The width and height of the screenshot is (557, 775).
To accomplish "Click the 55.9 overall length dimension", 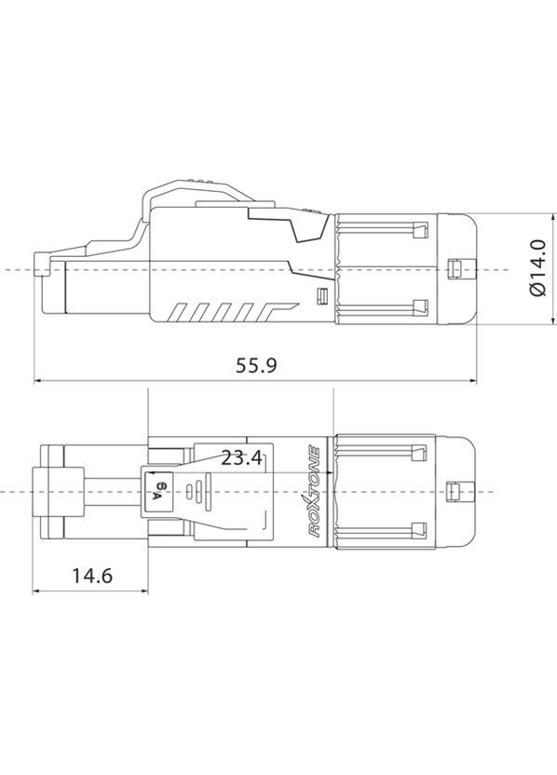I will [x=257, y=365].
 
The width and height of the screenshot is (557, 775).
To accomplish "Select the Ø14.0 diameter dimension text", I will [x=537, y=270].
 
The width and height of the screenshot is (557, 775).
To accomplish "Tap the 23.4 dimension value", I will [x=241, y=458].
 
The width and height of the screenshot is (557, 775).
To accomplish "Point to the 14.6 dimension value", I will [x=91, y=576].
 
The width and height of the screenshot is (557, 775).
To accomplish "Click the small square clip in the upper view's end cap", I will [x=455, y=268].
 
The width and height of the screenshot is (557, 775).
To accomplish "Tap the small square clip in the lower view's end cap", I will [x=455, y=490].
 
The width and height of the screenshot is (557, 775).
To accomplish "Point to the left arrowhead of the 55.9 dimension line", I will [x=37, y=380].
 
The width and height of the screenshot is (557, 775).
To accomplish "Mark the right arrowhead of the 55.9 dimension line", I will [x=475, y=380].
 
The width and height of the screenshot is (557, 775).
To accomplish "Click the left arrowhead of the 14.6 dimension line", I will [x=37, y=591].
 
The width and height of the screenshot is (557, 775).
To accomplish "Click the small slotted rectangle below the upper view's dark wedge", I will [x=322, y=296].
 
